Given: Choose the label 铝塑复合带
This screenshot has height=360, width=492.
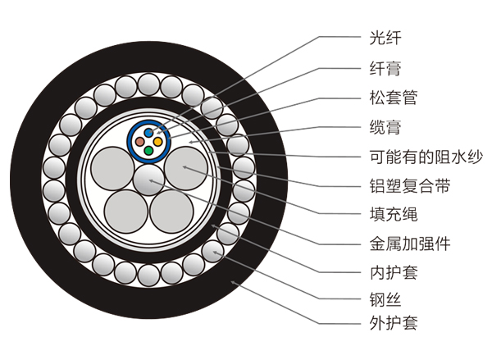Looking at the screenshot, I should [404, 187].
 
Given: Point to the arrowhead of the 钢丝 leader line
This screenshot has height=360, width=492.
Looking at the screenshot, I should [215, 252].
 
